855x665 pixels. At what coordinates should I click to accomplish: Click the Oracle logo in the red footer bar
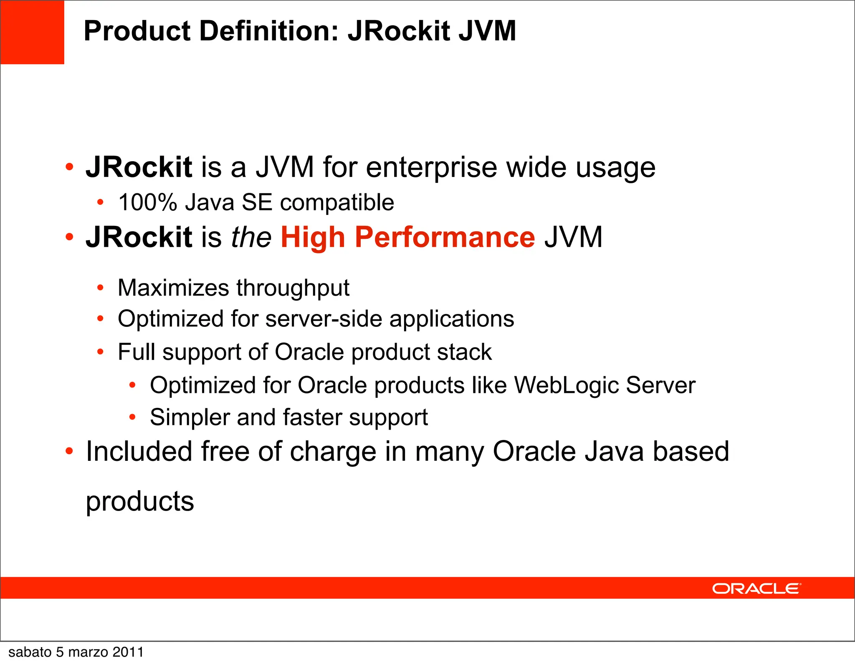tap(756, 589)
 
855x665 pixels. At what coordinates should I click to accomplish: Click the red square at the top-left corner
tap(32, 32)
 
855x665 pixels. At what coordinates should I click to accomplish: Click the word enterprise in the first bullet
tap(431, 168)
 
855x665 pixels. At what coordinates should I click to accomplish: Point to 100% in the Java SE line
tap(148, 202)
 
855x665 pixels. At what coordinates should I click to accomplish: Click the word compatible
tap(337, 203)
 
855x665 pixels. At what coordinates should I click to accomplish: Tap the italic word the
tap(251, 237)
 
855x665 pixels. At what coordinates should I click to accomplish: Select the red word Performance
tap(445, 237)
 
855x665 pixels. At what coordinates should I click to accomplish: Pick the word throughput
tap(293, 288)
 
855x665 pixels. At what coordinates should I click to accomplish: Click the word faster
tap(312, 417)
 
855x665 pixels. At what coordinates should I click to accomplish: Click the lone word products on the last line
tap(140, 502)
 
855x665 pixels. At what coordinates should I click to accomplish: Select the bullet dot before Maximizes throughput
tap(100, 288)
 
